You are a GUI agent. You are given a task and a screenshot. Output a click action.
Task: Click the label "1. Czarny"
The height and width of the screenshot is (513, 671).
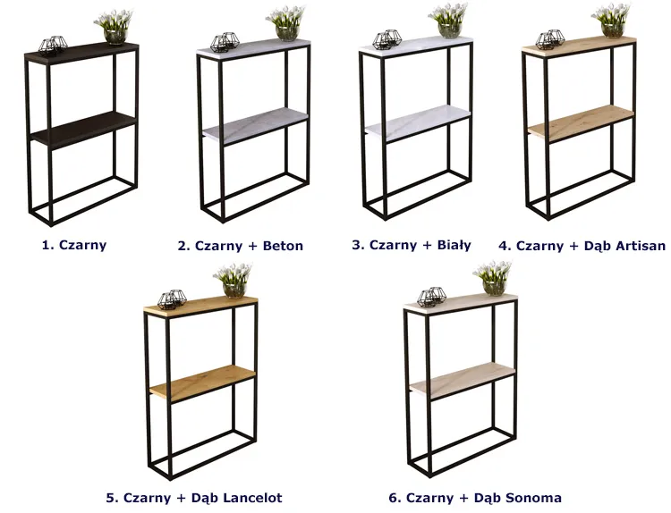(74, 245)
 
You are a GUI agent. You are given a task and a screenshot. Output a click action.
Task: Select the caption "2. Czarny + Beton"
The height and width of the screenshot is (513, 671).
(241, 246)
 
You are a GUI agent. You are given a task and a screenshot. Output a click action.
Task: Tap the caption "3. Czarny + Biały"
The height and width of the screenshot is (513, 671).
(412, 245)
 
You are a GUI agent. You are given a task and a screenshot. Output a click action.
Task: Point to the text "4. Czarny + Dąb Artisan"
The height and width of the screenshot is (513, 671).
(582, 246)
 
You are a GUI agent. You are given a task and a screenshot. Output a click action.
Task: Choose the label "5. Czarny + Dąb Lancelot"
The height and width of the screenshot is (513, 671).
(194, 498)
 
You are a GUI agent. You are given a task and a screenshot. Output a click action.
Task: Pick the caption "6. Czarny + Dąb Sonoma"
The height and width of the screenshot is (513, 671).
(475, 498)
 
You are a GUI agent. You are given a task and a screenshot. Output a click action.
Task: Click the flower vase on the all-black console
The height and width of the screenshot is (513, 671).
(115, 28)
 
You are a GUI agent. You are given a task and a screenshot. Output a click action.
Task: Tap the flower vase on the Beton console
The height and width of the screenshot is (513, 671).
(286, 23)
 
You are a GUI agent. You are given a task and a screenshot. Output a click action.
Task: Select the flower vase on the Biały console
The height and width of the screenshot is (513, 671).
(449, 21)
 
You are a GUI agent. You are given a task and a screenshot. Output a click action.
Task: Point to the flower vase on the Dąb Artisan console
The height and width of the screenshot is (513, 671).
(612, 21)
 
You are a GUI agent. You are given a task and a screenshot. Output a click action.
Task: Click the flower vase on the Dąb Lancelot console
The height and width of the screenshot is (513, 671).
(234, 281)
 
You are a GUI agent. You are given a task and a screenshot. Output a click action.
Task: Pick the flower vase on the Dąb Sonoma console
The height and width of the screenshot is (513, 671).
(493, 278)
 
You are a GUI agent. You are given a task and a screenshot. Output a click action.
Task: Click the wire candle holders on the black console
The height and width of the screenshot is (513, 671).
(53, 45)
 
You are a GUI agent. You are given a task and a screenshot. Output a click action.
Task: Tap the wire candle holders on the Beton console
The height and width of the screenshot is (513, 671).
(225, 42)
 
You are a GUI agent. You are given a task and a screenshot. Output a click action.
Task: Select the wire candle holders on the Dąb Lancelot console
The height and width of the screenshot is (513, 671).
(172, 299)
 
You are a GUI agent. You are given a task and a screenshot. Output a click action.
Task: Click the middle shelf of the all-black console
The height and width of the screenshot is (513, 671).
(84, 130)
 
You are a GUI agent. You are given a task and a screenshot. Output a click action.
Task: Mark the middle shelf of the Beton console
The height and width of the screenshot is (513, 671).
(256, 126)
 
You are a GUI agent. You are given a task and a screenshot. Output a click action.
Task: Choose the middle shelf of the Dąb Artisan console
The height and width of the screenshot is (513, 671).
(581, 123)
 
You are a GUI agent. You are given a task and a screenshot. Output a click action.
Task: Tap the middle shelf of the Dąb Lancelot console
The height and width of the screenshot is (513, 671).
(202, 383)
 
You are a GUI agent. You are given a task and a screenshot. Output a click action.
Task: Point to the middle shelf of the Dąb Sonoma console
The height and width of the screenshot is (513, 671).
(463, 381)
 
